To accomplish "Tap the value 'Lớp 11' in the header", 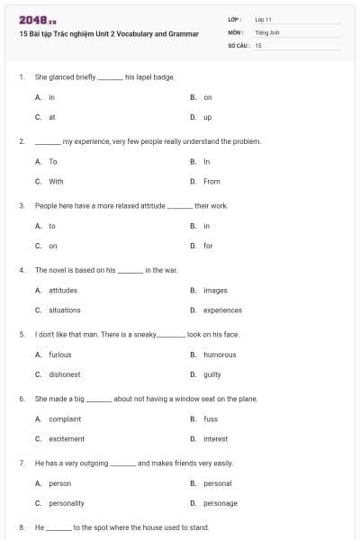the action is click(264, 19).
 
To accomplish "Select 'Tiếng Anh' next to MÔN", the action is click(267, 31).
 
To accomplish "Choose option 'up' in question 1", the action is click(207, 117).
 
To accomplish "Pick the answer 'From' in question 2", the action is click(211, 181).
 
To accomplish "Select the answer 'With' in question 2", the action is click(56, 181).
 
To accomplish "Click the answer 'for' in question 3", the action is click(208, 245).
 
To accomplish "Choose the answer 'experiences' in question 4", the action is click(222, 310).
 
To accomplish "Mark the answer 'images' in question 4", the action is click(215, 290).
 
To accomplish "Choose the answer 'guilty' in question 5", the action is click(212, 374).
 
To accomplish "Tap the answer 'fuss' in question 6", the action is click(210, 418).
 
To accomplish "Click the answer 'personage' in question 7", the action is click(220, 503).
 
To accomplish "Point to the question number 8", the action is click(21, 527).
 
